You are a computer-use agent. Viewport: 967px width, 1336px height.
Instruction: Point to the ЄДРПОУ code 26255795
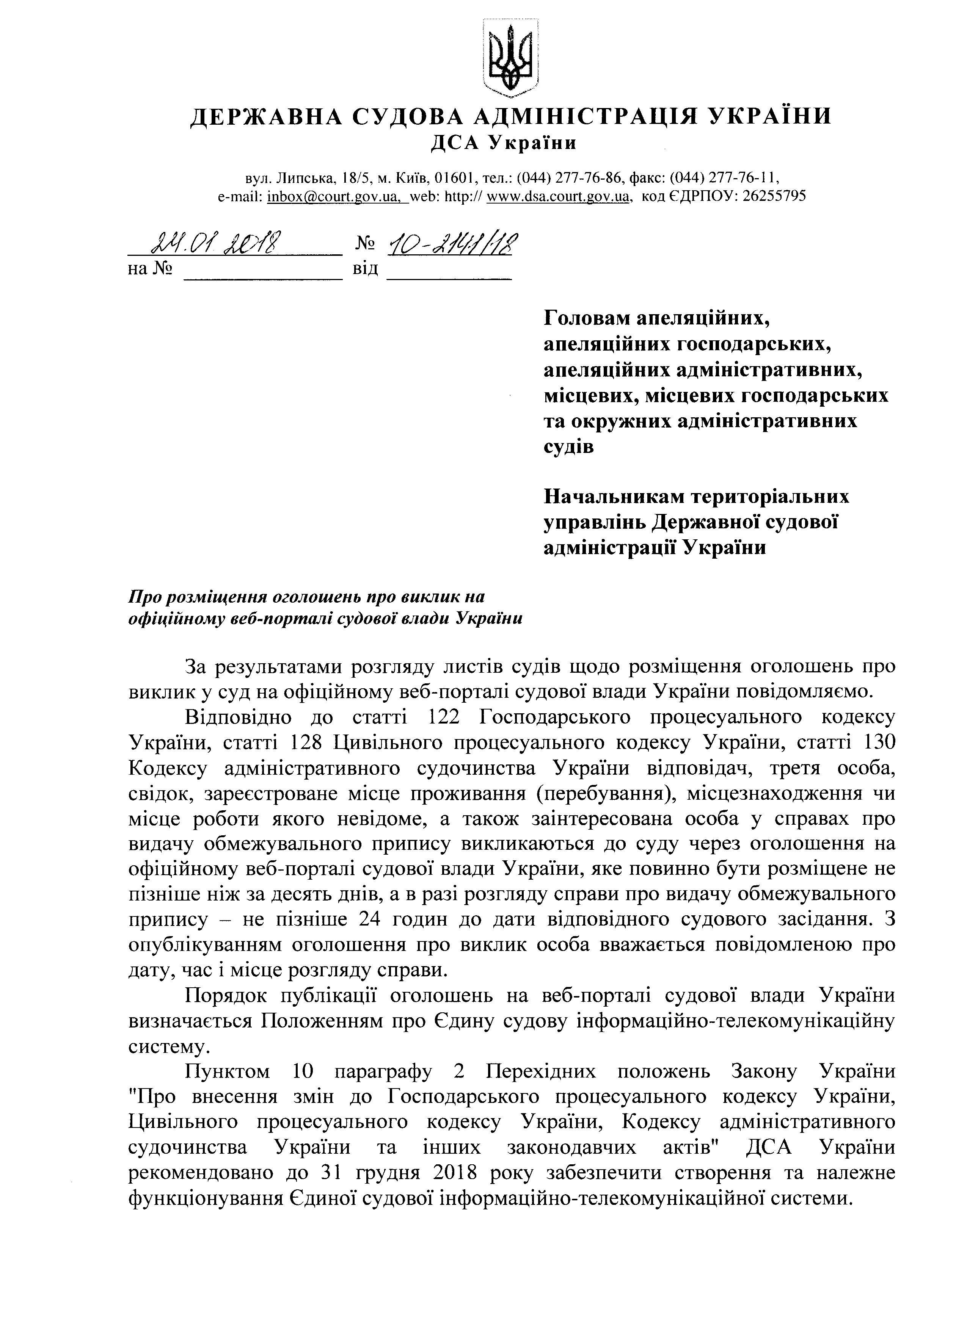click(x=774, y=196)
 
